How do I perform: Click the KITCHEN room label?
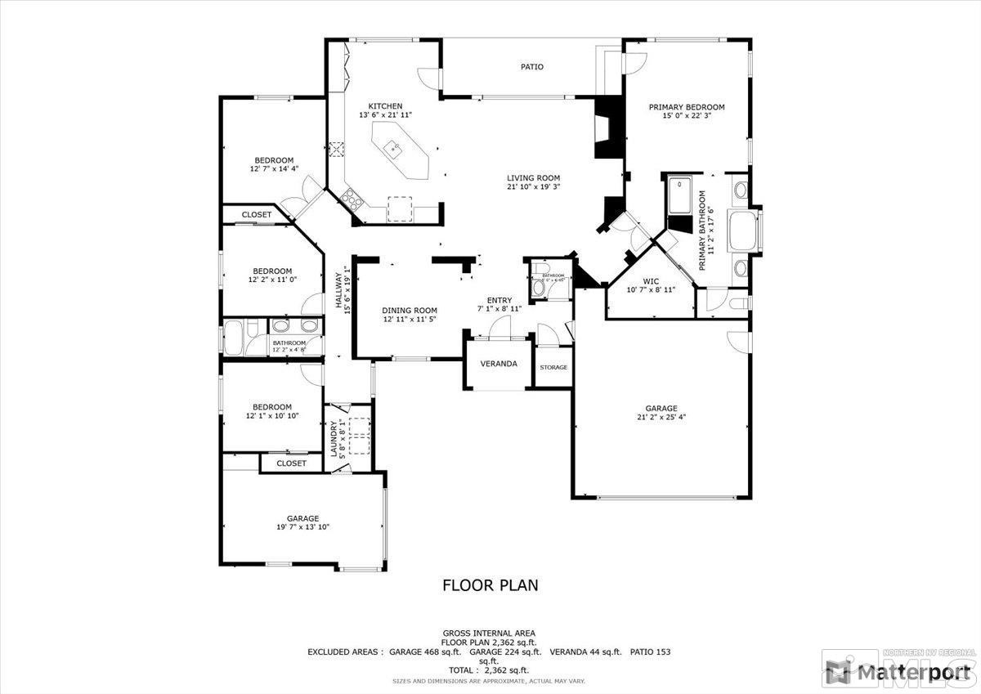[x=384, y=106]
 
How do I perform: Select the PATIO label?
[x=532, y=67]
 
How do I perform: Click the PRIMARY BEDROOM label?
[x=687, y=107]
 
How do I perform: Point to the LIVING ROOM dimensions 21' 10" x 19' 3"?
[x=533, y=187]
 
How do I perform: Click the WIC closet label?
[x=651, y=280]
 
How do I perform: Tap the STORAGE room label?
[x=553, y=367]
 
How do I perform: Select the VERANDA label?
[x=499, y=364]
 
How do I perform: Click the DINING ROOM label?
[x=410, y=311]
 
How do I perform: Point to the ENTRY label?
[x=499, y=300]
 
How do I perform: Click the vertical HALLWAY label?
[x=338, y=290]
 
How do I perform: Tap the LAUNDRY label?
[x=334, y=438]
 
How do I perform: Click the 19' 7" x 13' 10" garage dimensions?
[x=302, y=527]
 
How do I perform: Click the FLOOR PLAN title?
[x=490, y=585]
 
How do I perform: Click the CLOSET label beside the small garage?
[x=291, y=463]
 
